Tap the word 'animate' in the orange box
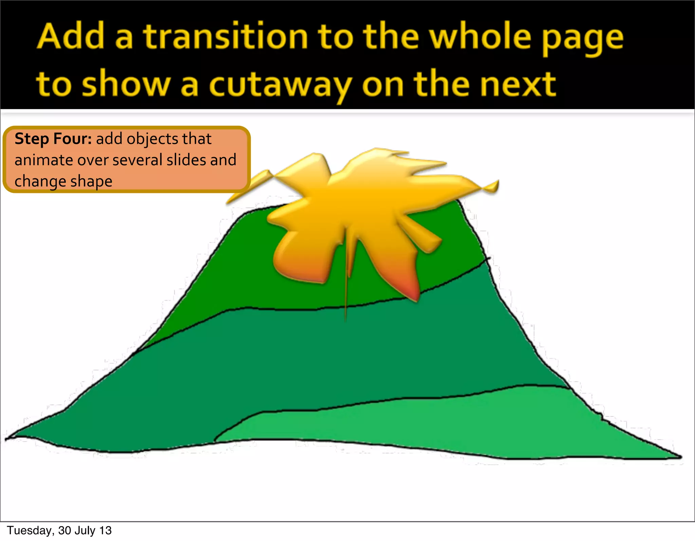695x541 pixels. [43, 160]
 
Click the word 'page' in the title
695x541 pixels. [582, 38]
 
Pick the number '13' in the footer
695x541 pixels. [106, 530]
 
